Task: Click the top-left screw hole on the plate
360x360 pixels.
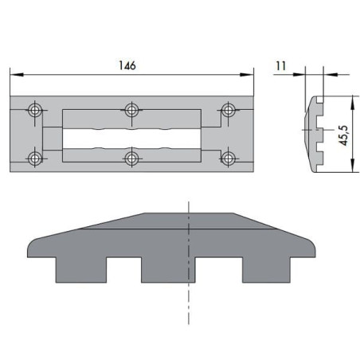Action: (33, 108)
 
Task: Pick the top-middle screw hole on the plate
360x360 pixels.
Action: (132, 108)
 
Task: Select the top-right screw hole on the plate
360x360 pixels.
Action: (229, 108)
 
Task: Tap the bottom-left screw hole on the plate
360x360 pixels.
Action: (33, 158)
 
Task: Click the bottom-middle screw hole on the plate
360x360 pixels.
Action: (132, 158)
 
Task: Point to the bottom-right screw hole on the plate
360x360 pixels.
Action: (229, 158)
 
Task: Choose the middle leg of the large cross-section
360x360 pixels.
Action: (167, 268)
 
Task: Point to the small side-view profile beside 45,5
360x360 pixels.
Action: (316, 133)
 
